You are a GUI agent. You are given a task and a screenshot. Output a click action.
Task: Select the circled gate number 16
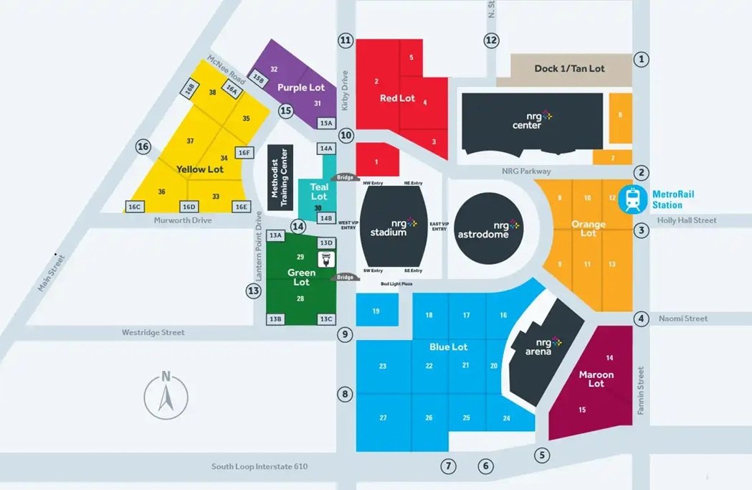(143, 147)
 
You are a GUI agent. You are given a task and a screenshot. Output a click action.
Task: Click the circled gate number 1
(642, 60)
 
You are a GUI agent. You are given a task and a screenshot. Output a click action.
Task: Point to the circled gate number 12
(490, 40)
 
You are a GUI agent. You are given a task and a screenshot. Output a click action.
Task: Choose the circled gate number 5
(542, 454)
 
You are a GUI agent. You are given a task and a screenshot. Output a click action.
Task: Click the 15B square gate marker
(258, 78)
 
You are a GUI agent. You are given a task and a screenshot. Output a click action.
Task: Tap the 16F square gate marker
(245, 152)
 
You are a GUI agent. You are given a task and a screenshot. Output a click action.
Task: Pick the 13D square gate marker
(326, 242)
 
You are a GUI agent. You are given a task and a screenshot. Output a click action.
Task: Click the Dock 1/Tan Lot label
(569, 69)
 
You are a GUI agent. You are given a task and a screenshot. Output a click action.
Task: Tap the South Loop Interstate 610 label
(259, 466)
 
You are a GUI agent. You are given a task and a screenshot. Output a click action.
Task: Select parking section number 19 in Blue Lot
(376, 311)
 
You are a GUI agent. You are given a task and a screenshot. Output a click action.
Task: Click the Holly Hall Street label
(687, 220)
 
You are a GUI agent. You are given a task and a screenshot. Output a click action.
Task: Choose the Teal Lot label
(318, 192)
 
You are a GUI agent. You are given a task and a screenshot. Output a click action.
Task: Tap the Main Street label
(50, 273)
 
